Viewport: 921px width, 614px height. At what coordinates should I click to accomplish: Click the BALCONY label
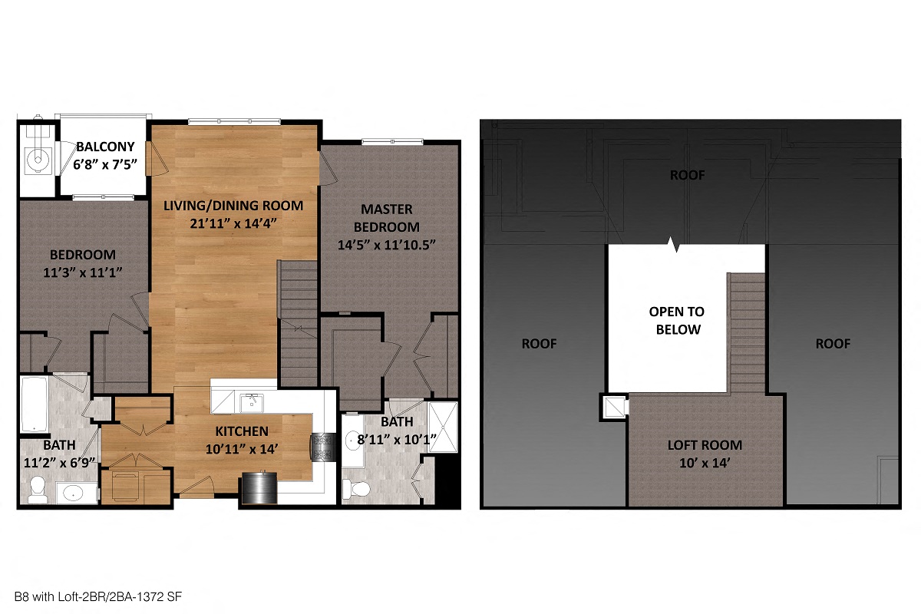(105, 146)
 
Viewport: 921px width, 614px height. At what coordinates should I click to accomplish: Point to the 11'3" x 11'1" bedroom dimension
(83, 272)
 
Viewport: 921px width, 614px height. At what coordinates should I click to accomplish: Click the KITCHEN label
(241, 431)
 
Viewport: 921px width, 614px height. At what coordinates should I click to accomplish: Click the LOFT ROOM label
(704, 445)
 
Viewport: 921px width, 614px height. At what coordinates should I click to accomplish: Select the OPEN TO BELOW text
(675, 321)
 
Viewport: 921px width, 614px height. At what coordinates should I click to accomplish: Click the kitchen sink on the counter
(249, 401)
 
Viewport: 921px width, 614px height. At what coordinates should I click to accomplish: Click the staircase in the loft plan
(745, 330)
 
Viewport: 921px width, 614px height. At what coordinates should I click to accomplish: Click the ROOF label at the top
(687, 175)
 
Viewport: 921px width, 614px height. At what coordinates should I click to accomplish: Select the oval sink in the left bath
(74, 493)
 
